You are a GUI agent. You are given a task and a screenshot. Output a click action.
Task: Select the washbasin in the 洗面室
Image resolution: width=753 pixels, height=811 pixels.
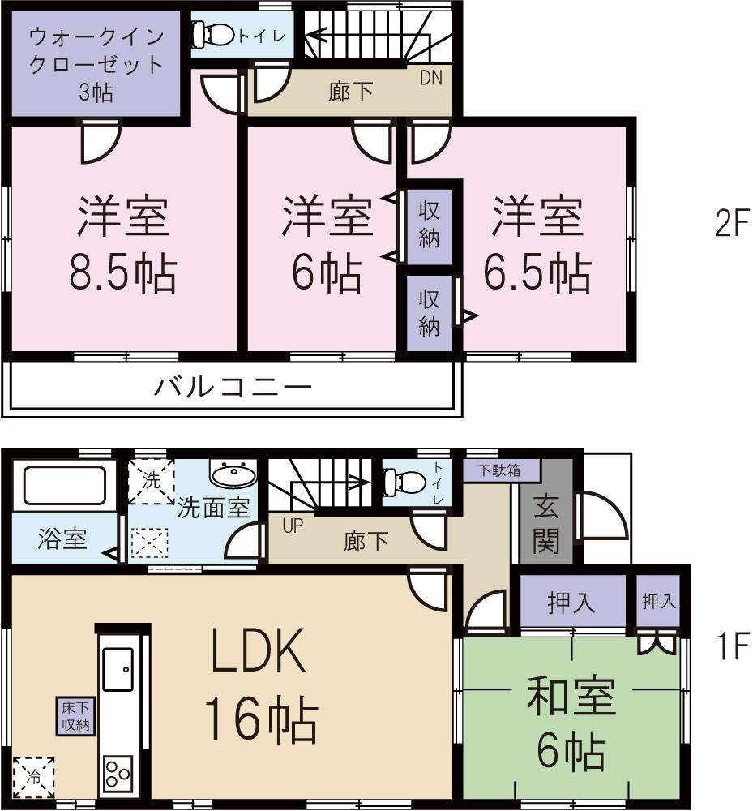[233, 474]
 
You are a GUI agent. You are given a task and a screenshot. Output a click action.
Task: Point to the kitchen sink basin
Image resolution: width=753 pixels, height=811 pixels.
[118, 670]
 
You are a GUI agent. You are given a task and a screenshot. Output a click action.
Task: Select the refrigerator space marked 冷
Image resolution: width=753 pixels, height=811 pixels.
[34, 776]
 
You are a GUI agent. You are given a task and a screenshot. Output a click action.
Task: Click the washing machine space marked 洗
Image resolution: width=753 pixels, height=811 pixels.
[152, 481]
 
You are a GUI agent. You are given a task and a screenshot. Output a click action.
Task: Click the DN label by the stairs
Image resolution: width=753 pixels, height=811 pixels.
[430, 79]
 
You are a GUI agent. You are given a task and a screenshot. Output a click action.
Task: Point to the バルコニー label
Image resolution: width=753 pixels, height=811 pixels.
[233, 387]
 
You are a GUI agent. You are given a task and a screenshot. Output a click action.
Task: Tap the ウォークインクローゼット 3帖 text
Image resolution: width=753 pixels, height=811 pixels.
[96, 64]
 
